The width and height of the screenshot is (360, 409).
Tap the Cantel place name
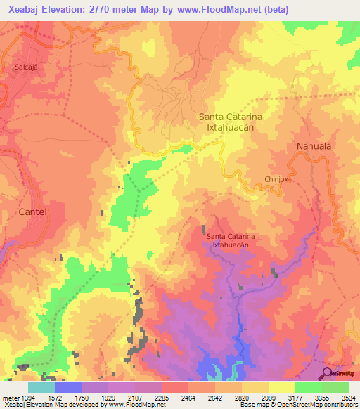[x=32, y=211]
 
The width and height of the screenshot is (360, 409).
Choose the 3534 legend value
[x=347, y=398]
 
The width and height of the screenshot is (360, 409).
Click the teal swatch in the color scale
[x=41, y=387]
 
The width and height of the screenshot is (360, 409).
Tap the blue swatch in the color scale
[x=68, y=387]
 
